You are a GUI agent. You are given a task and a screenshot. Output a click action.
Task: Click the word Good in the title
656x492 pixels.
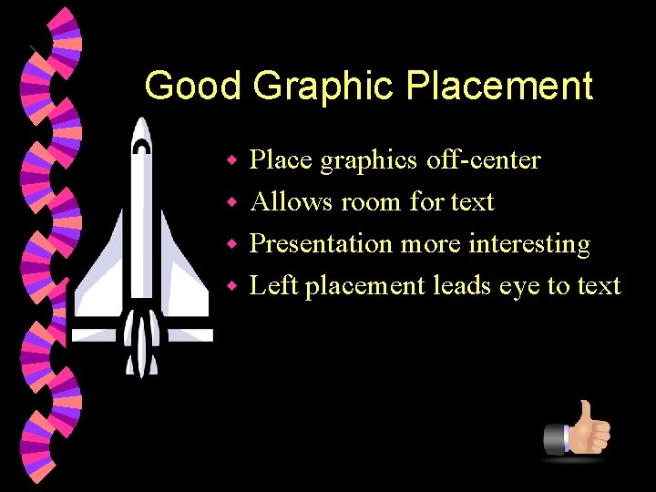(192, 87)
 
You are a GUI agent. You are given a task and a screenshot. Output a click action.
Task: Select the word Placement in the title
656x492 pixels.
(499, 87)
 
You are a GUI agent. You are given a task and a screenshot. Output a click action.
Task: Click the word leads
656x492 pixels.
(462, 286)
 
